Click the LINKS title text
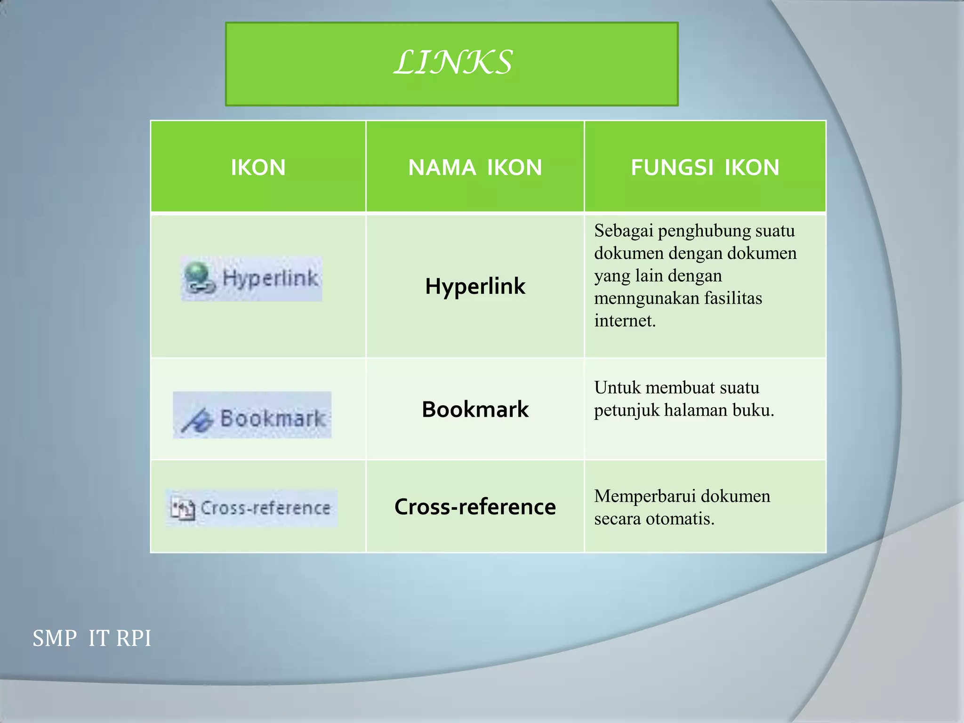click(452, 63)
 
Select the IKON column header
click(258, 168)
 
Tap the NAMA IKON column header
click(475, 168)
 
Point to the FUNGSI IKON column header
click(705, 168)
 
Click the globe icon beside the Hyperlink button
click(198, 278)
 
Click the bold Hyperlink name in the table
click(475, 286)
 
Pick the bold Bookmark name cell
click(475, 409)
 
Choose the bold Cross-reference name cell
click(475, 506)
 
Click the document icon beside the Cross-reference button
click(183, 509)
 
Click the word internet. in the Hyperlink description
click(625, 321)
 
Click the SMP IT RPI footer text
click(92, 639)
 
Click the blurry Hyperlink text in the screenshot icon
click(270, 278)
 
